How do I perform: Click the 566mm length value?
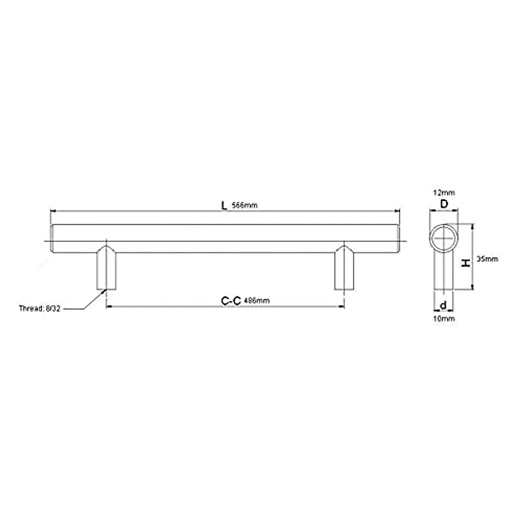point(244,206)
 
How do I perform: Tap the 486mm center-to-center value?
point(257,301)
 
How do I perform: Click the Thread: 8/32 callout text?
point(39,309)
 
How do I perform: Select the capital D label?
point(444,204)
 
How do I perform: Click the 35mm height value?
point(487,259)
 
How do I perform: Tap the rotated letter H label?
point(465,263)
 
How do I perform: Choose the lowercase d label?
point(443,305)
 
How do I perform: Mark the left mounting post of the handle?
point(107,270)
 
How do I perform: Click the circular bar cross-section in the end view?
point(444,239)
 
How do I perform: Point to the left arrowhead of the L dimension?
point(54,211)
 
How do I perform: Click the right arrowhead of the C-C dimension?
point(342,307)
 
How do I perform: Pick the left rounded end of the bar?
point(54,239)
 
